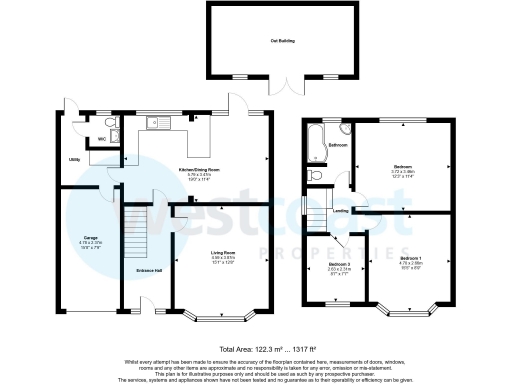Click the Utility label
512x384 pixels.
[x=74, y=160]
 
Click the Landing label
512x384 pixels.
[x=341, y=211]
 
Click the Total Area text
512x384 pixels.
[x=255, y=348]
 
